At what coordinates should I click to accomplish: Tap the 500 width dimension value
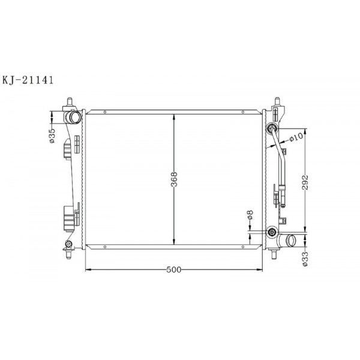click(x=174, y=270)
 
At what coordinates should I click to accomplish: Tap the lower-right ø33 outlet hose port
click(x=292, y=242)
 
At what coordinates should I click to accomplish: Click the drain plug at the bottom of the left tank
click(x=68, y=244)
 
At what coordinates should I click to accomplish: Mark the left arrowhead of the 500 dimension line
click(x=89, y=269)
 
